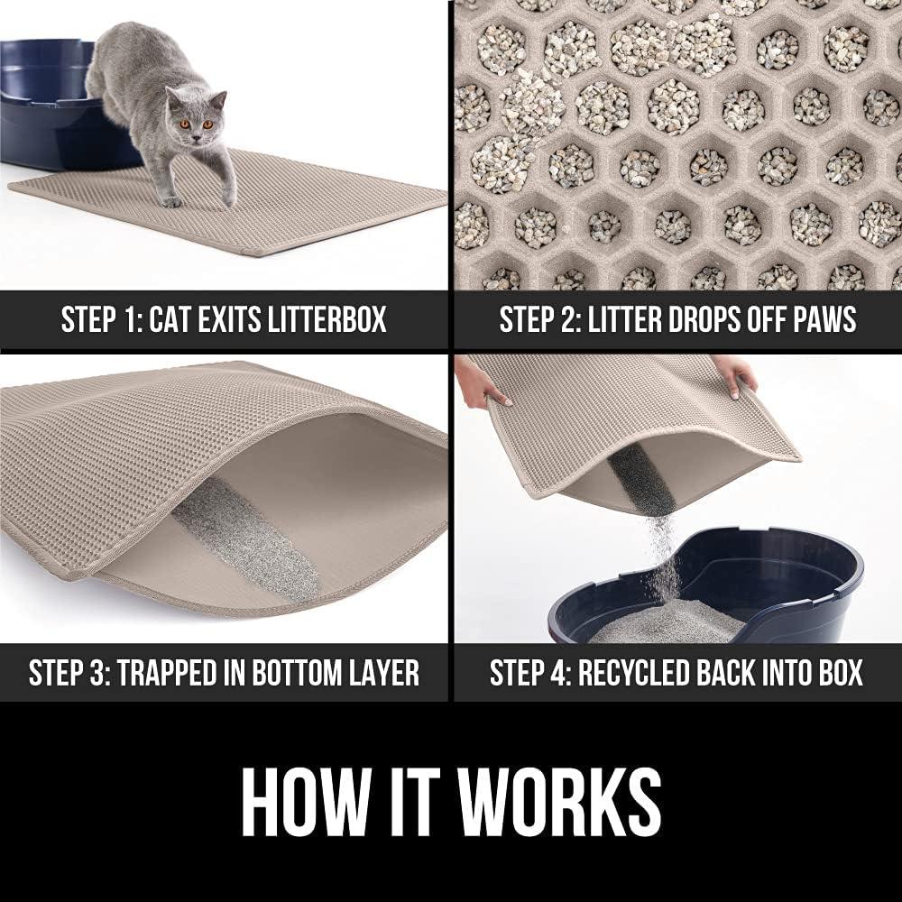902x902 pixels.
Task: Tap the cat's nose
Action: [196, 136]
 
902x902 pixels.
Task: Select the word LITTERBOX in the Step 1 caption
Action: [327, 319]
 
